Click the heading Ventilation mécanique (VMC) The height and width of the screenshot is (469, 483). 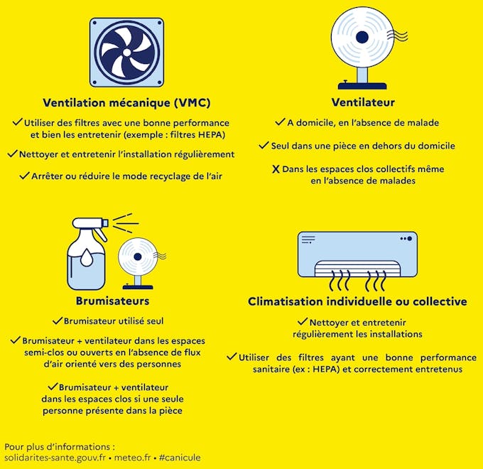coord(126,102)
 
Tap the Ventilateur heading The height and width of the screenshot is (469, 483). coord(363,102)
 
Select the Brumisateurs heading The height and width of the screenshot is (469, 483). coord(107,301)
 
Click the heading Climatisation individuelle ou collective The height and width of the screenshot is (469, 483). coord(357,301)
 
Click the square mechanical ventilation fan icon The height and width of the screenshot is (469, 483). coord(126,52)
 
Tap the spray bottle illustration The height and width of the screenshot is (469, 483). coord(87,249)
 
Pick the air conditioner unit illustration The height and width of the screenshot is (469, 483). coord(357,254)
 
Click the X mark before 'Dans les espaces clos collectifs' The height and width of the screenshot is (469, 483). coord(276,169)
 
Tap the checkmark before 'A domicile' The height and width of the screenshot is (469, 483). coord(281,122)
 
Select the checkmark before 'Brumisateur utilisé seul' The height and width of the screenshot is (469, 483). coord(57,320)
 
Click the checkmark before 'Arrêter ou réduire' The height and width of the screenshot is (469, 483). coord(24,176)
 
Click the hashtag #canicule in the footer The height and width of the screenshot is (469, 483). coord(180,458)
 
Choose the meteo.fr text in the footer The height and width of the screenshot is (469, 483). coord(134,458)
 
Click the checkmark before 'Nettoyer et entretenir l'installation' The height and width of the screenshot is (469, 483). coord(12,153)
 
